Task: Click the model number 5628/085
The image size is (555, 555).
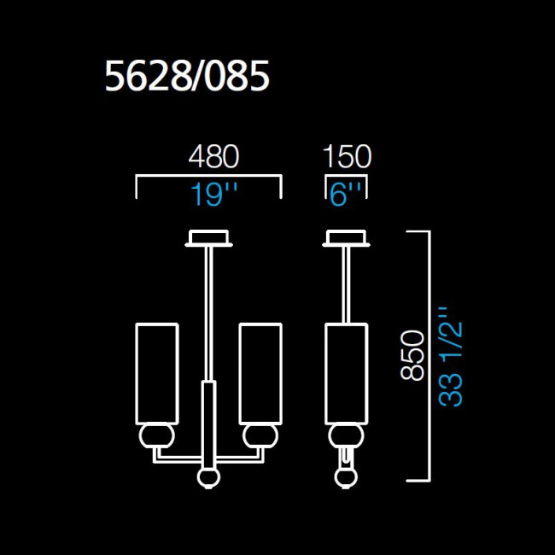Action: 187,78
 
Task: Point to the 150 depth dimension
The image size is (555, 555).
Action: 347,157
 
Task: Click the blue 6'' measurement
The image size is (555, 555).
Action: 347,196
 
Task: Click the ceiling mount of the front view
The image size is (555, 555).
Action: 207,238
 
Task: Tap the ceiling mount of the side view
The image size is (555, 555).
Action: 347,238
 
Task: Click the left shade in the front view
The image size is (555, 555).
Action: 156,373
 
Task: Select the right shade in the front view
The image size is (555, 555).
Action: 260,373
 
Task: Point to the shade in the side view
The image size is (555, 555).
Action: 347,373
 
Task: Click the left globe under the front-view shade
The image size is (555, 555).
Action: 156,437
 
